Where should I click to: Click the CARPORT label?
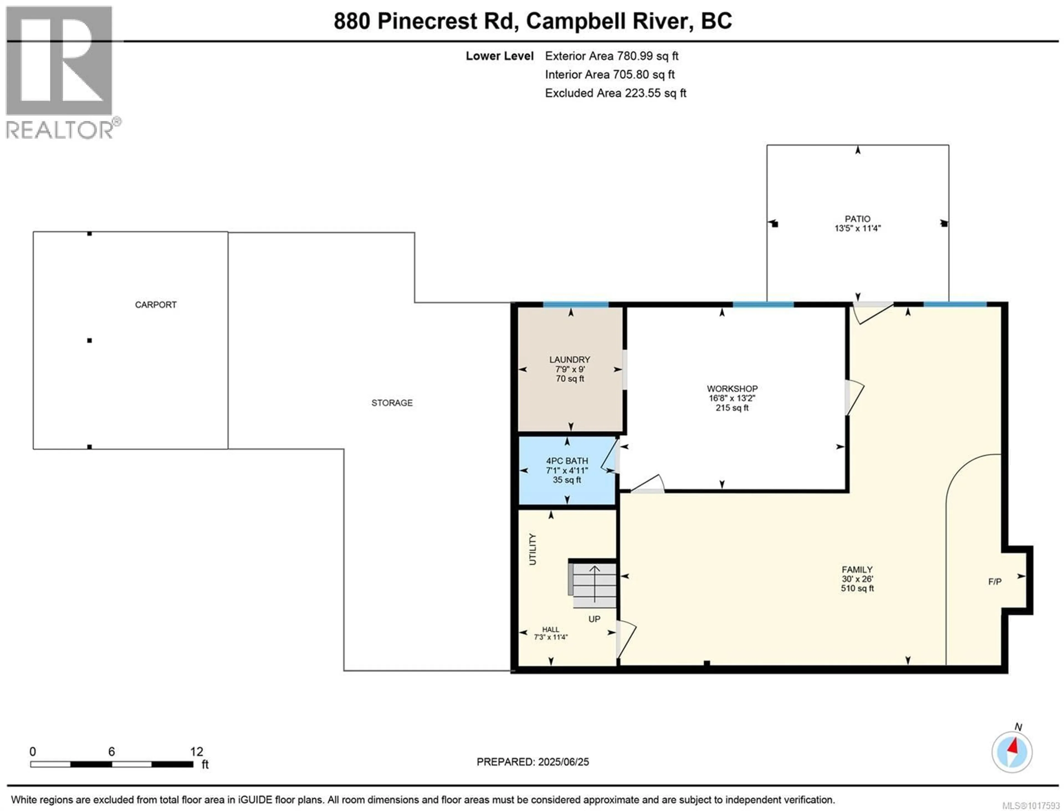point(155,305)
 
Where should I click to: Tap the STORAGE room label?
point(392,403)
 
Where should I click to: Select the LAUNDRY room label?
point(569,360)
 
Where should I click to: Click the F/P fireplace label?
point(994,582)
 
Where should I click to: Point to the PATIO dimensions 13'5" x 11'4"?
point(857,228)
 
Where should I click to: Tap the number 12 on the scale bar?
point(196,752)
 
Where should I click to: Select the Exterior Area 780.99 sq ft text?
point(612,56)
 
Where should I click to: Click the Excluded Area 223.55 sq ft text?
point(615,93)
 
